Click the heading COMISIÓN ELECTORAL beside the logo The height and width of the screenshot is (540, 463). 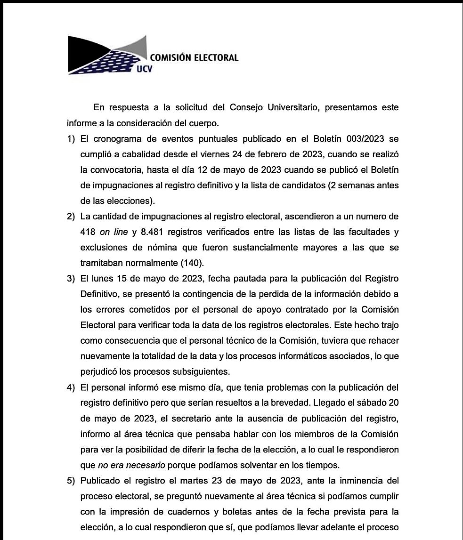(x=194, y=58)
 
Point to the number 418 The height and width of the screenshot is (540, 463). (x=88, y=232)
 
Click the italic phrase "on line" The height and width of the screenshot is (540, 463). (x=114, y=232)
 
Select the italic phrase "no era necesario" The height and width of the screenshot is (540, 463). (x=131, y=465)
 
